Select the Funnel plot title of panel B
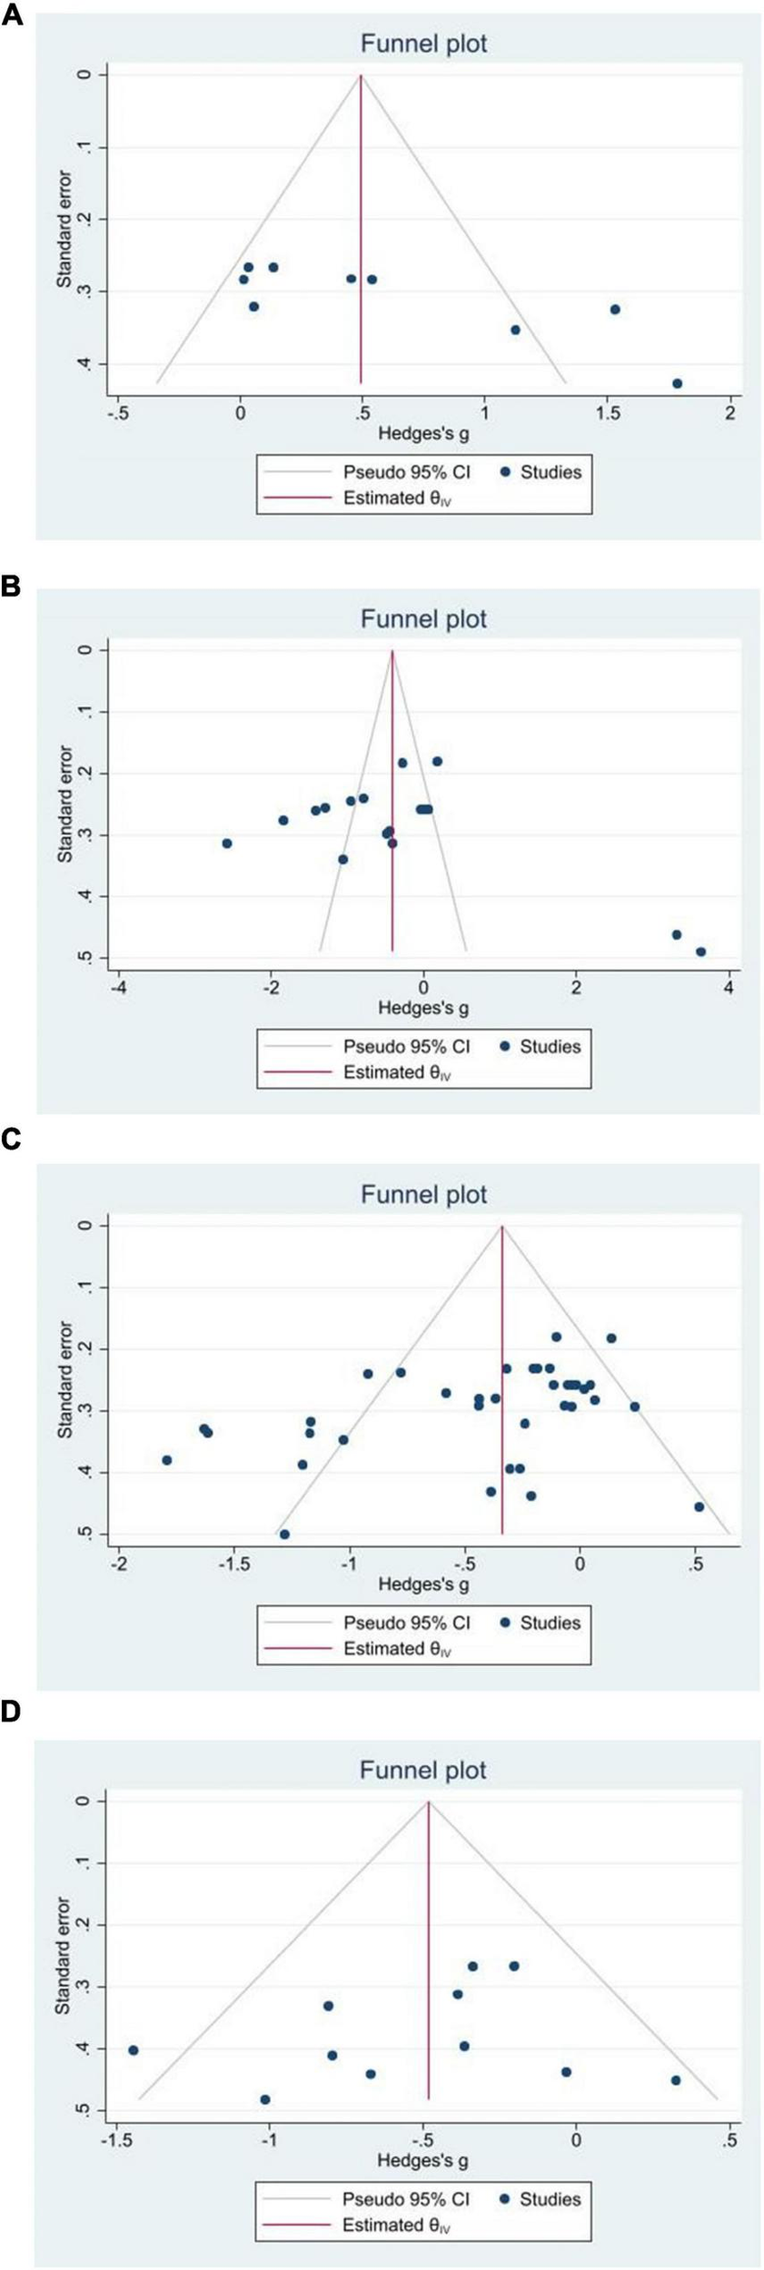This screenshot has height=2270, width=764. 423,619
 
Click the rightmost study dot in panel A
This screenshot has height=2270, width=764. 677,383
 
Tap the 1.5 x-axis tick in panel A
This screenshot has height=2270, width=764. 608,412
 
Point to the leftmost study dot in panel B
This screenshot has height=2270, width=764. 227,844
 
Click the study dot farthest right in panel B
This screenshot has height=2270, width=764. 700,952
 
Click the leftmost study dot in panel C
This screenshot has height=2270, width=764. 167,1460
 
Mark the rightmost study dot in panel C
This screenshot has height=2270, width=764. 699,1506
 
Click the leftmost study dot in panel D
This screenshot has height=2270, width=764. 134,2068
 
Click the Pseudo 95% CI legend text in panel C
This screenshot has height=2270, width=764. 406,1623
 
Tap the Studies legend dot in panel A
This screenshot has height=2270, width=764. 505,471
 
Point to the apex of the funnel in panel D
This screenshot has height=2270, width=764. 428,1801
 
